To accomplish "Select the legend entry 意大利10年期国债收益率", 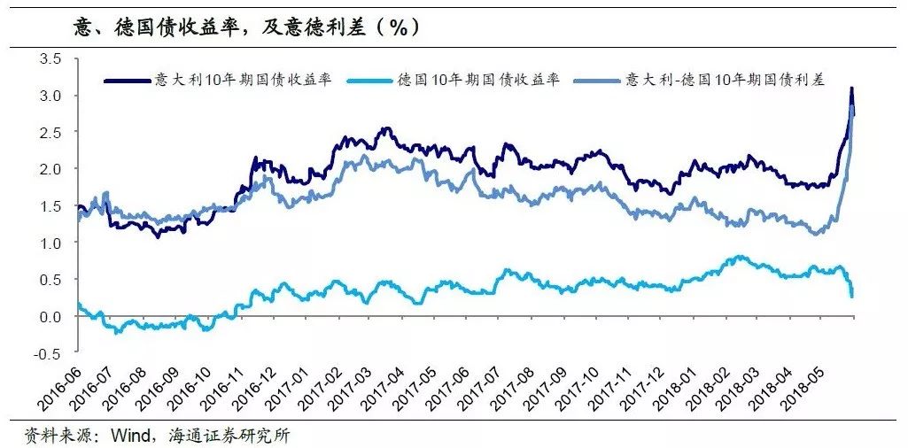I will click(x=243, y=80).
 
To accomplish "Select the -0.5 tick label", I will click(x=48, y=353).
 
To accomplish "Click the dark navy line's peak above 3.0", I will click(x=851, y=89).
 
